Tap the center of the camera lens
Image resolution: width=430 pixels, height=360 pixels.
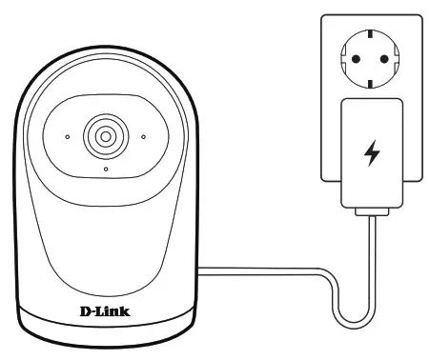(104, 136)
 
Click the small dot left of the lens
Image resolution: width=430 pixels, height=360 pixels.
(67, 136)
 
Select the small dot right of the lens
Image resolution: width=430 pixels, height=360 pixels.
(142, 136)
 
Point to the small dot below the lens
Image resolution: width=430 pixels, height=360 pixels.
(105, 169)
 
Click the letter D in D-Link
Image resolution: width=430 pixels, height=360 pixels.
(82, 310)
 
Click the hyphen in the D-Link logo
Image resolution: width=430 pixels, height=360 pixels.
(92, 310)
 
